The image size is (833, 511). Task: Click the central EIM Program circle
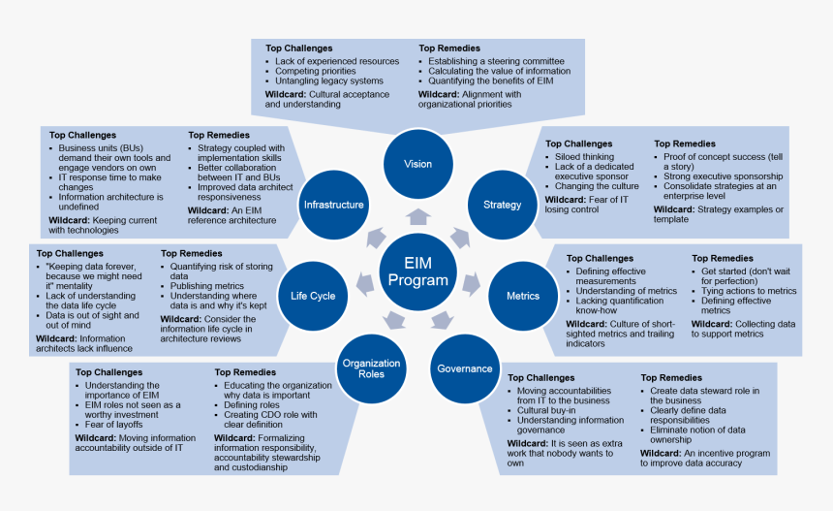coord(417,271)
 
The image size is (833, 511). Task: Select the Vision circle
coord(417,164)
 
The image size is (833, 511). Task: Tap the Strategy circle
coord(502,205)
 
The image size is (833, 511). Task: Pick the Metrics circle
coord(523,295)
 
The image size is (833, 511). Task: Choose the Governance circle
coord(464,368)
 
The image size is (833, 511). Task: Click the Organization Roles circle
coord(370,368)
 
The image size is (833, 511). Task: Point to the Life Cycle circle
coord(313,295)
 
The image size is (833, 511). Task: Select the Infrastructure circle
coord(333,205)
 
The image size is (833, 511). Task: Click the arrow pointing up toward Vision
coord(417,216)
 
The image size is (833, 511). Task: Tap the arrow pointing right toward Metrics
coord(470,283)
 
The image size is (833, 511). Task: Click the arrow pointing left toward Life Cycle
coord(365,283)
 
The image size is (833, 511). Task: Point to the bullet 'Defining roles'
coord(255,405)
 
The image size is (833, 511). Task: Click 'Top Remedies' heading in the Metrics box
coord(722,259)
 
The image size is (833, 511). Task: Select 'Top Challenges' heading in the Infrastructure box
coord(83,136)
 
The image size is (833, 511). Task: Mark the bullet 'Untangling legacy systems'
coord(328,81)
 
